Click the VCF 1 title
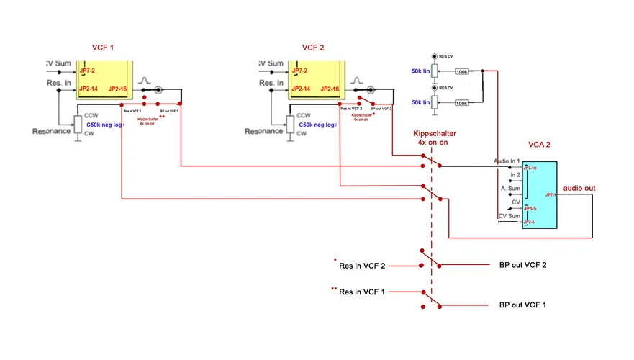(103, 48)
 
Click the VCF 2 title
(313, 48)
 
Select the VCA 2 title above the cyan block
(538, 145)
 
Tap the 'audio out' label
(579, 188)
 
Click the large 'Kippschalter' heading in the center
(435, 134)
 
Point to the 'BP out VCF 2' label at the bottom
(522, 265)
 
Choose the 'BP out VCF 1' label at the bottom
(522, 305)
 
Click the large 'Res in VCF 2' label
(362, 266)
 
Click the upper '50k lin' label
(421, 71)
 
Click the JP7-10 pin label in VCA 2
(530, 168)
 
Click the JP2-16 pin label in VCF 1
(117, 89)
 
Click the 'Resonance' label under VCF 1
(51, 131)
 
